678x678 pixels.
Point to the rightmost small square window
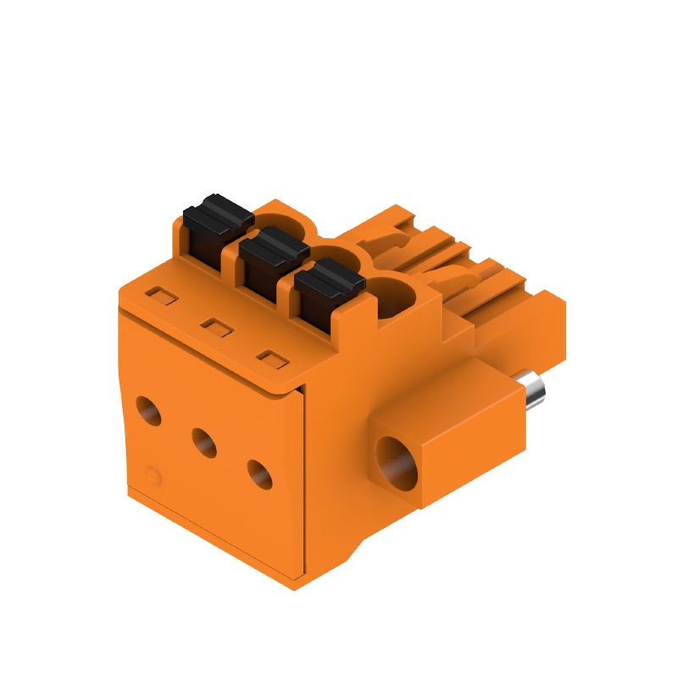tap(270, 358)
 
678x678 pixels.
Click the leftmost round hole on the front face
tap(149, 410)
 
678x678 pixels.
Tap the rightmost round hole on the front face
tap(259, 473)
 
